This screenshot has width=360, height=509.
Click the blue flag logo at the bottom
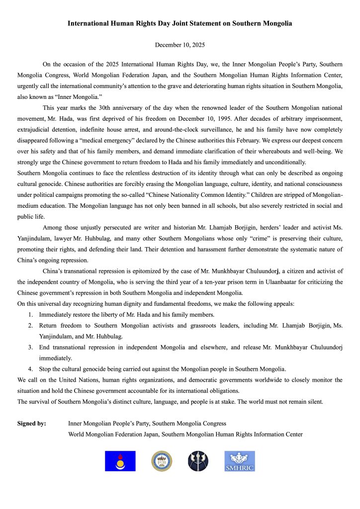click(120, 461)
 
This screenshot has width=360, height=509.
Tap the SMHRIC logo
click(239, 461)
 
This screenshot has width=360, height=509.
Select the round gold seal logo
click(162, 461)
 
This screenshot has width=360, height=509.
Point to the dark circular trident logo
click(198, 461)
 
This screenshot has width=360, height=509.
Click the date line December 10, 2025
click(180, 45)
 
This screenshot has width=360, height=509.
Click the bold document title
click(180, 23)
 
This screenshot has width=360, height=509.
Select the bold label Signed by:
click(32, 424)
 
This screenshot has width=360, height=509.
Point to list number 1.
click(30, 314)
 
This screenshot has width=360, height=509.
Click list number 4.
click(30, 368)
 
